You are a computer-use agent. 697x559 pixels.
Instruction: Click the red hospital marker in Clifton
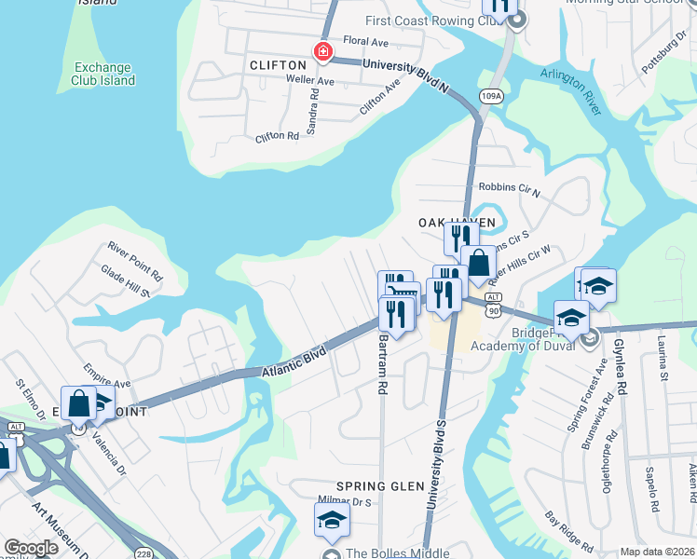coord(323,51)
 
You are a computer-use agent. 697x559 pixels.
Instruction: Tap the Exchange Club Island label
coord(104,74)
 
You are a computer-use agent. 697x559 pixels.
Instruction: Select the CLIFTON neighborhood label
coord(278,65)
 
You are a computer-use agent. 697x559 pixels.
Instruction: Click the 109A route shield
coord(491,95)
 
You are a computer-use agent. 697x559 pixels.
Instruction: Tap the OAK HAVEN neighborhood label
coord(456,223)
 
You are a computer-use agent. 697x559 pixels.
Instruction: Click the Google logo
coord(31,548)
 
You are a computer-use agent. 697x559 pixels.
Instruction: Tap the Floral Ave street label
coord(365,42)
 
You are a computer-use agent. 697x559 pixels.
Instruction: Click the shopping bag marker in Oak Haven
coord(479,264)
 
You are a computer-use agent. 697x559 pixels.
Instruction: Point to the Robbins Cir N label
coord(508,188)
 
